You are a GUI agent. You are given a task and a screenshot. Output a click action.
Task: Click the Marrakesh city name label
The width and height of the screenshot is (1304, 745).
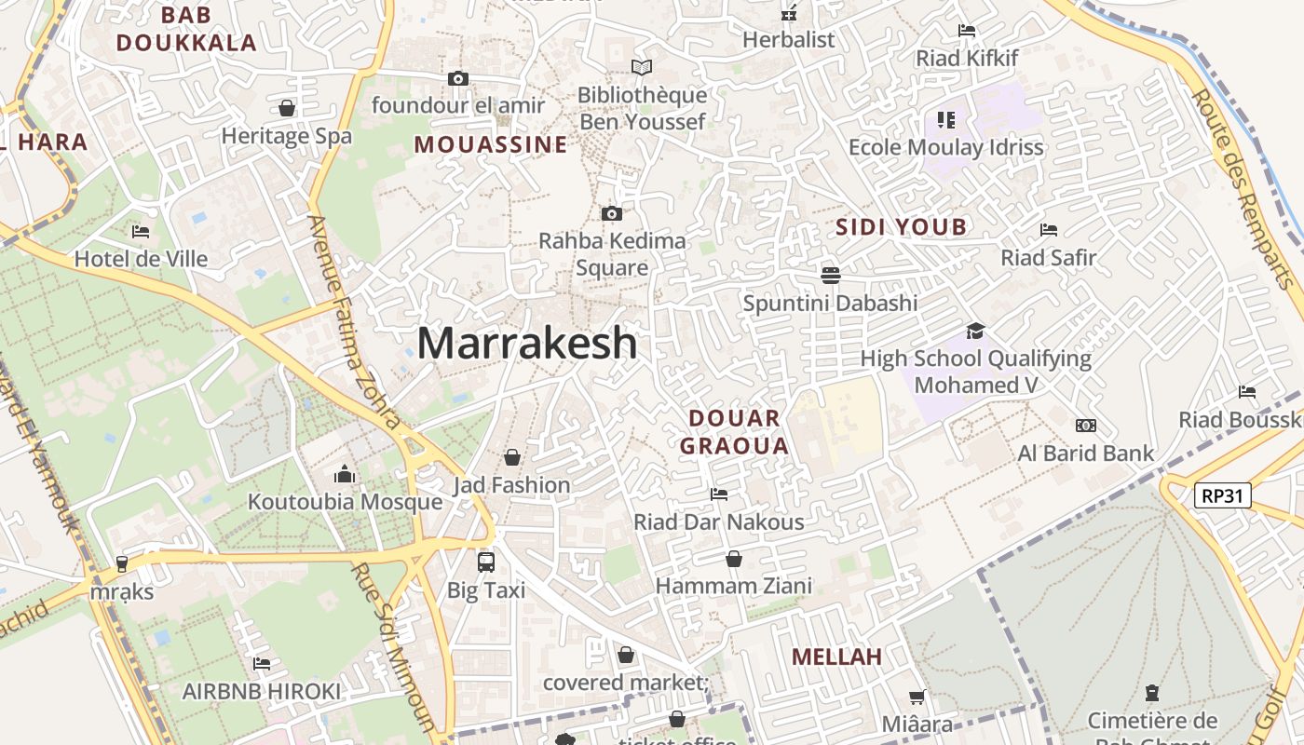[x=526, y=343]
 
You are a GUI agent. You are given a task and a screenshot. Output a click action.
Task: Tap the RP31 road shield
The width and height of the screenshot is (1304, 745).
[x=1222, y=495]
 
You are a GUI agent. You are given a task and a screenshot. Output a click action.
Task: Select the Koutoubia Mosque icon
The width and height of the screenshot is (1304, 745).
[x=345, y=475]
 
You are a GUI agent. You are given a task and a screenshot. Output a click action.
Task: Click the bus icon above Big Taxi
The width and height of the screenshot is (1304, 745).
[x=486, y=562]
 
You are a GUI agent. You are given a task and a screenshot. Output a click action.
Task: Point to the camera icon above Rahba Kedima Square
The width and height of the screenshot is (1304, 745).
[x=612, y=213]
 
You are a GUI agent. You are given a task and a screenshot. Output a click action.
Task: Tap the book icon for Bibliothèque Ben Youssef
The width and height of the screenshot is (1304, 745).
[x=642, y=67]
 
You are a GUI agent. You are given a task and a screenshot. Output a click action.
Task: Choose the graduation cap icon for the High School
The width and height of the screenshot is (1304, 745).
[x=975, y=331]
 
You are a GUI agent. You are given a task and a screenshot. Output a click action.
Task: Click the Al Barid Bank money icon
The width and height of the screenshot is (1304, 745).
[x=1085, y=426]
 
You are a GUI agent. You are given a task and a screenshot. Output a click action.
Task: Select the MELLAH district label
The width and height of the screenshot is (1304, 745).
[x=836, y=657]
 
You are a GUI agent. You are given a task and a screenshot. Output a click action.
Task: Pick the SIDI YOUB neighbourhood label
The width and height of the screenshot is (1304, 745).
[x=901, y=226]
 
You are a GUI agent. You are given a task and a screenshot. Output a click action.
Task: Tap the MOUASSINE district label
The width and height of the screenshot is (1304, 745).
[x=491, y=144]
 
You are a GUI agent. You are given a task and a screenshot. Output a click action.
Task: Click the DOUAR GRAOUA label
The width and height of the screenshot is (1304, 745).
[x=734, y=431]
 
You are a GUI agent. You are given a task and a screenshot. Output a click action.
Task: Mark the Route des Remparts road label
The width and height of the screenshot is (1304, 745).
[x=1245, y=186]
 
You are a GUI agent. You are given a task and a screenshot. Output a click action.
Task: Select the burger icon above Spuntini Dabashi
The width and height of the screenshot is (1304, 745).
[x=831, y=275]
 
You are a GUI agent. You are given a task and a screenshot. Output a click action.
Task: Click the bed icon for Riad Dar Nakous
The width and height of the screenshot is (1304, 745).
[x=719, y=494]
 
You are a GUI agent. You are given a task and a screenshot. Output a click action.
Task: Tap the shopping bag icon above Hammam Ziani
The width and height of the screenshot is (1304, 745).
[x=734, y=559]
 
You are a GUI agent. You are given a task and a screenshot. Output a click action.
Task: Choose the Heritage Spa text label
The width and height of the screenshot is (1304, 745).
[x=287, y=136]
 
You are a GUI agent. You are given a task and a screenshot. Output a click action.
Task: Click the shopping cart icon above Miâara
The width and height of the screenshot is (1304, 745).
[x=917, y=697]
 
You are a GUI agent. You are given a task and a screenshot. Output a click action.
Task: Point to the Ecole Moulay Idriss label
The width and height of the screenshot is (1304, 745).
[x=945, y=147]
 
